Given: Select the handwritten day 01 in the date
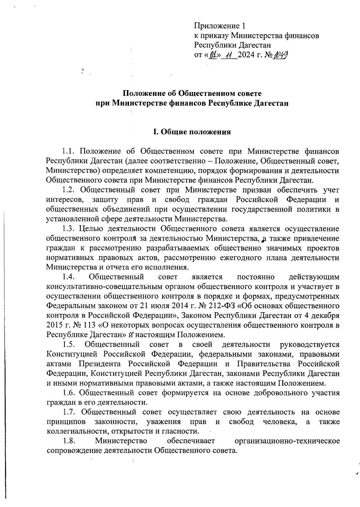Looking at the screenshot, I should click(214, 55).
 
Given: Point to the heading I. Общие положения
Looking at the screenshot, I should click(192, 132).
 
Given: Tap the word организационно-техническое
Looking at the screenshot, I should click(287, 441).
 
